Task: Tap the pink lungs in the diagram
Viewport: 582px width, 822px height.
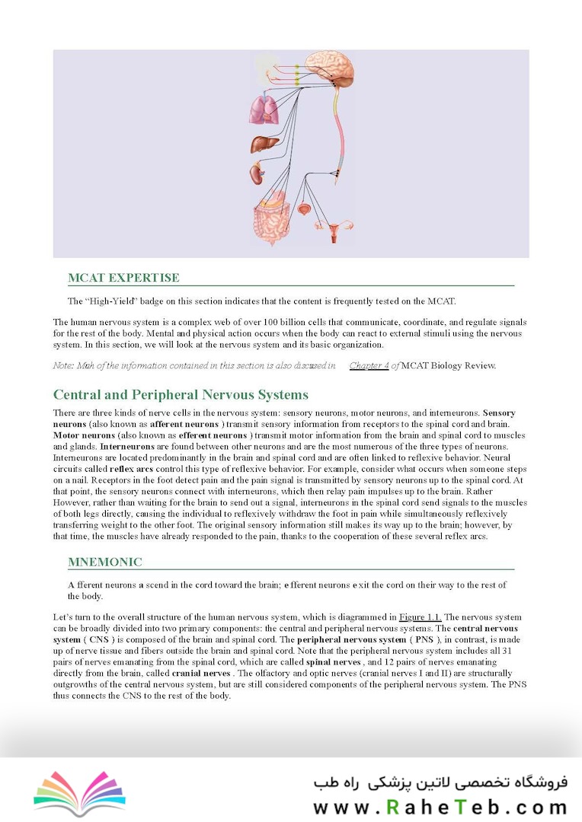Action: point(264,110)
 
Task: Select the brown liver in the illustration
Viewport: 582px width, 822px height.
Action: point(264,144)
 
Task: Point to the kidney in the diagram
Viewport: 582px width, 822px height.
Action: point(256,174)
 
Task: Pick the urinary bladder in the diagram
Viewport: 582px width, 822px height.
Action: point(305,209)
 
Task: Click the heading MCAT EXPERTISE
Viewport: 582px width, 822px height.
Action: point(123,278)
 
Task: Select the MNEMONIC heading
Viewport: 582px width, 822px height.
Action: point(105,562)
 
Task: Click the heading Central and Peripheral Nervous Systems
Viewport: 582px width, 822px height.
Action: point(181,394)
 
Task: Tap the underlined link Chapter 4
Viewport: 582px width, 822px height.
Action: point(369,365)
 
